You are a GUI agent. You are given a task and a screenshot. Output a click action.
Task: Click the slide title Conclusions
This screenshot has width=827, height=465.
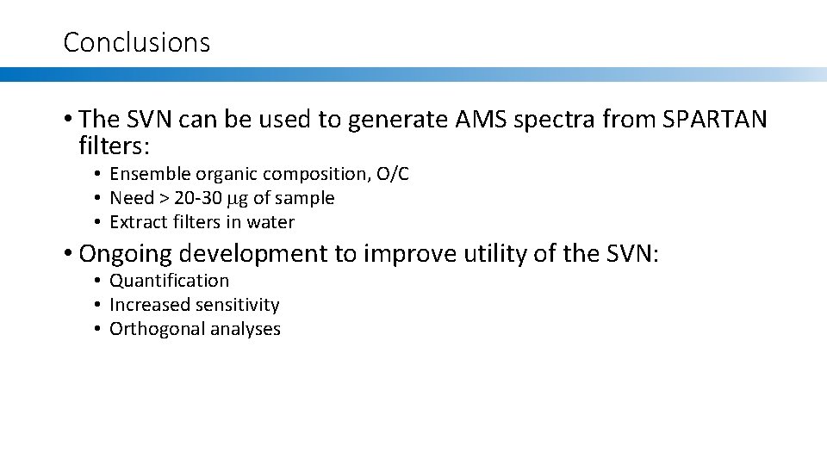pos(136,42)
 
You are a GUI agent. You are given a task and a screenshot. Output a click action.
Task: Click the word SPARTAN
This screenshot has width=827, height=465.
pos(715,120)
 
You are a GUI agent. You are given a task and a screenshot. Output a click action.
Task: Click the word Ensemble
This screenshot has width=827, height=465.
pos(148,174)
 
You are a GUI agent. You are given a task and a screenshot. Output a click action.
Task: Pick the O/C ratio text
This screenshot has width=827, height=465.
pos(393,174)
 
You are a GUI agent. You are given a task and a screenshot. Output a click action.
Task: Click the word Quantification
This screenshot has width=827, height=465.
pos(170,281)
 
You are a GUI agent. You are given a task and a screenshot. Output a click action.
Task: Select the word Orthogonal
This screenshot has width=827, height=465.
pos(151,329)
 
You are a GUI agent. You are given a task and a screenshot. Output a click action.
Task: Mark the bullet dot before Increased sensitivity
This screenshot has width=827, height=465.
pos(99,305)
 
